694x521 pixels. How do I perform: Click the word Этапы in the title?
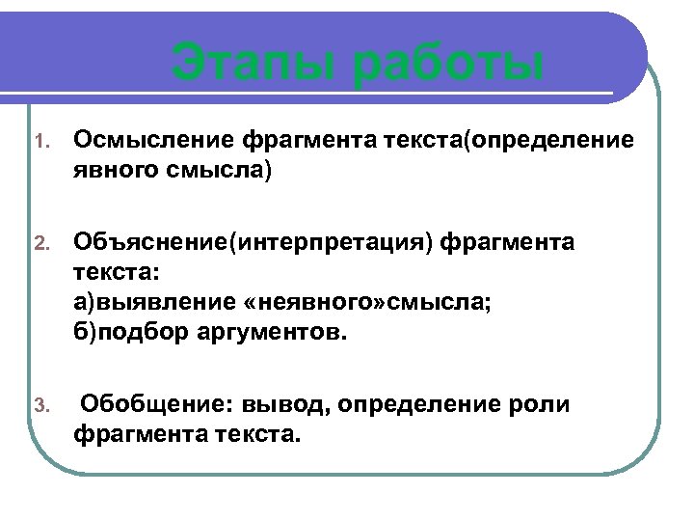tap(254, 65)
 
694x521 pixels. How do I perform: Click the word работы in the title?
tap(449, 65)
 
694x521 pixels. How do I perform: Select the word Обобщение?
tap(155, 404)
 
